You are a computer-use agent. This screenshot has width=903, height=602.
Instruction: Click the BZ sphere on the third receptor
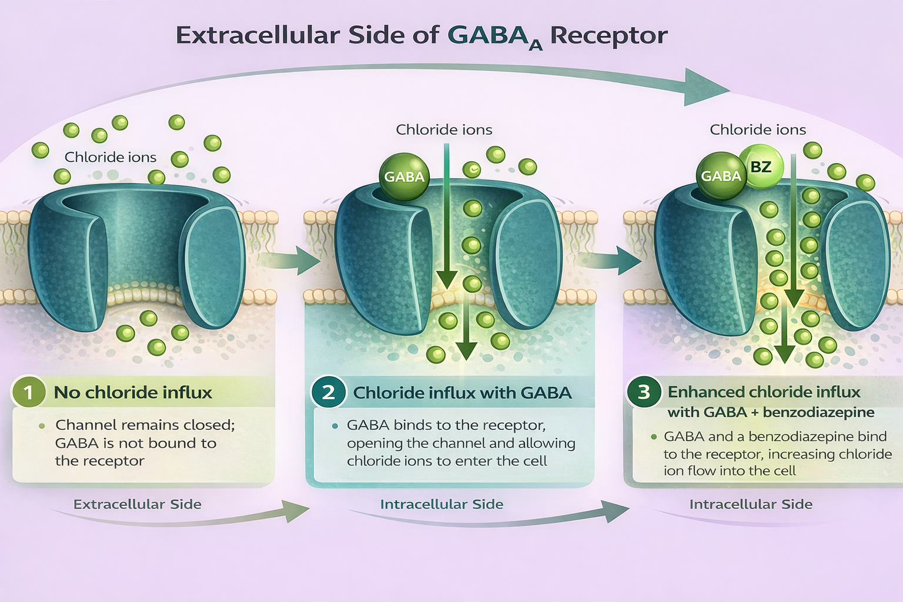[761, 167]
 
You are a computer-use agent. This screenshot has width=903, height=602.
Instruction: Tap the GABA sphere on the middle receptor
[404, 176]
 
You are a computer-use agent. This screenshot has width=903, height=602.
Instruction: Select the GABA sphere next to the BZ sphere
[721, 176]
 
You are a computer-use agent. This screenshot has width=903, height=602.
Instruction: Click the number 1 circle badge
[28, 392]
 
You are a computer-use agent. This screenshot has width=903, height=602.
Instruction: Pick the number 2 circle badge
[328, 392]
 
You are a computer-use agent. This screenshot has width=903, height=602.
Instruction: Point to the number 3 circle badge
[644, 392]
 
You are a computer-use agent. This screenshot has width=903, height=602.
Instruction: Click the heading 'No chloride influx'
[133, 392]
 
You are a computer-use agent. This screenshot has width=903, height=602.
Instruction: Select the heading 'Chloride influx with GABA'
[462, 393]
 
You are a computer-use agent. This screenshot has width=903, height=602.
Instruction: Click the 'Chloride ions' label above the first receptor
[111, 157]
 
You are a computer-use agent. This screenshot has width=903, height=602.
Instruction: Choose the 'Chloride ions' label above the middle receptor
[444, 129]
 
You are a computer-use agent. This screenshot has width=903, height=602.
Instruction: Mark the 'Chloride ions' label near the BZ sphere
[758, 129]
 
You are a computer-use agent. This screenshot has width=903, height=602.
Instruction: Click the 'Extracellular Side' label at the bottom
[137, 504]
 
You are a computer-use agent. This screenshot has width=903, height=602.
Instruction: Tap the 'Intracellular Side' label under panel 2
[442, 504]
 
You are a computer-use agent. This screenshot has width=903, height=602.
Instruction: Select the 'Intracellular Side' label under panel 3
[751, 504]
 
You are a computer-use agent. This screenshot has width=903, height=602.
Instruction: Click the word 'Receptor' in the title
[608, 35]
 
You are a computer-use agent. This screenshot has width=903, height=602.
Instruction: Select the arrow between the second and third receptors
[611, 260]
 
